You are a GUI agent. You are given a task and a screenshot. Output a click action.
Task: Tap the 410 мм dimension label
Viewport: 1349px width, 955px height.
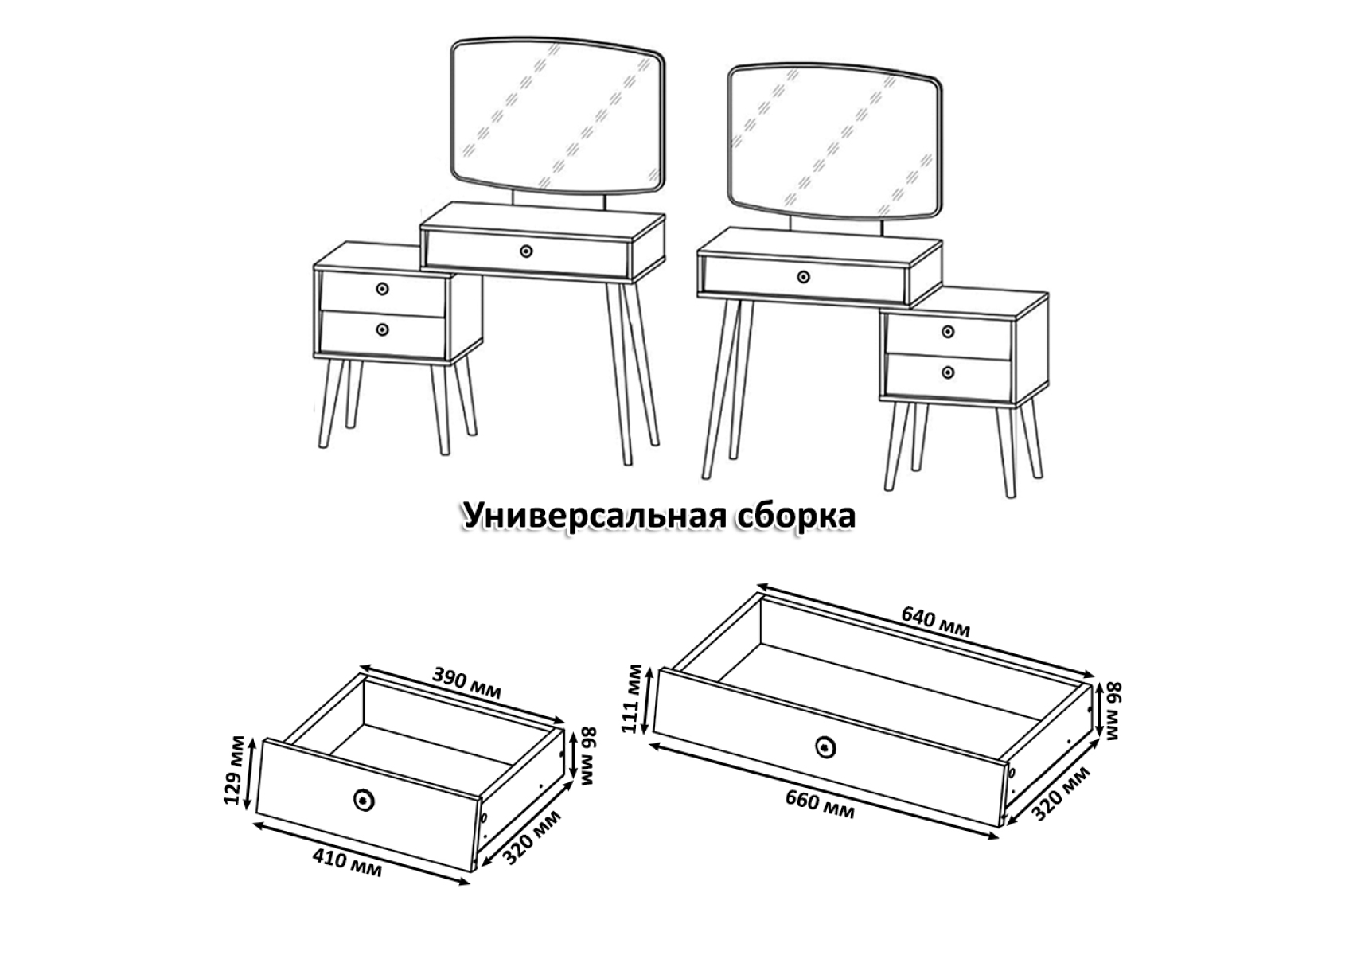click(x=347, y=862)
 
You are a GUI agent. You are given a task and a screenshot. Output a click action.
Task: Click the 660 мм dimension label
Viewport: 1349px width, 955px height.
click(x=820, y=803)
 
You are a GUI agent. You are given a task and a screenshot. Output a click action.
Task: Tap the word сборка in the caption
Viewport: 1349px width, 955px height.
click(x=795, y=516)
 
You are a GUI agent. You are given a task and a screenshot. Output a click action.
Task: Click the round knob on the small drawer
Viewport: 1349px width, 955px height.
click(x=363, y=800)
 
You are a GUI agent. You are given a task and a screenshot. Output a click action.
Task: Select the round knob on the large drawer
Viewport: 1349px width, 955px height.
click(x=825, y=747)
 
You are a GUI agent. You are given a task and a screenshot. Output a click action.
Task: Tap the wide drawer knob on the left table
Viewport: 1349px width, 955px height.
click(x=527, y=251)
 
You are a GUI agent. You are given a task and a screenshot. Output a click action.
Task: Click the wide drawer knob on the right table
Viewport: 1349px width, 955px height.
click(x=803, y=277)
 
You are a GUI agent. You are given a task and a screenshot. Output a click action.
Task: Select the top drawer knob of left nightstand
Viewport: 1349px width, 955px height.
click(x=382, y=289)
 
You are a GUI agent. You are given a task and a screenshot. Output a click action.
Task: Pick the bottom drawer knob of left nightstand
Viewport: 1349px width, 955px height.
click(x=382, y=329)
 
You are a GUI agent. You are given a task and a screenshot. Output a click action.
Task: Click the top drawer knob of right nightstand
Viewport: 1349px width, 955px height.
click(x=948, y=332)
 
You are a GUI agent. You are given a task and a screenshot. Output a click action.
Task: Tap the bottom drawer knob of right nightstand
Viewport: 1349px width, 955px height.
click(x=948, y=372)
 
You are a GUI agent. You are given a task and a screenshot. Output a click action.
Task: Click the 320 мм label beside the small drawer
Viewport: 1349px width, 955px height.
click(x=531, y=837)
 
